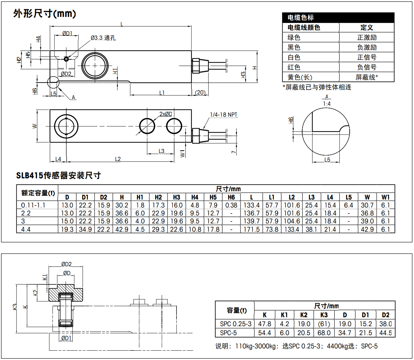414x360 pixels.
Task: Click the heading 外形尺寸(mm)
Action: [44, 14]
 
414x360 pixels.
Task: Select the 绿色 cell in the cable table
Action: [294, 37]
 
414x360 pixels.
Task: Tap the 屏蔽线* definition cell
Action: [367, 77]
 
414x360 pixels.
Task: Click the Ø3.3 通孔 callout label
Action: [103, 38]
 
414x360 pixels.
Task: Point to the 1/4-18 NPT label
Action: [224, 115]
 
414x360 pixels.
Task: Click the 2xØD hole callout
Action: [166, 114]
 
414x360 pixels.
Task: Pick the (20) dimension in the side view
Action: [200, 92]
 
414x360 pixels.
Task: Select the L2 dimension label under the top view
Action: [118, 159]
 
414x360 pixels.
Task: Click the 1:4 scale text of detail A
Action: [327, 104]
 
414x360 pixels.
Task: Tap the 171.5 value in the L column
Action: [251, 229]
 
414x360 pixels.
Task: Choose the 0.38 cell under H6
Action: [231, 205]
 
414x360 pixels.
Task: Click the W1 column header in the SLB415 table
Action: [385, 197]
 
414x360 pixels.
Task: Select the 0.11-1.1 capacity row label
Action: [33, 205]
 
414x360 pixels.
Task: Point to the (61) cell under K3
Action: [324, 324]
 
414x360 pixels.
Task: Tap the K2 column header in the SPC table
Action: [304, 315]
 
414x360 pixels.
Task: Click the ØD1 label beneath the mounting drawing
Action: [66, 338]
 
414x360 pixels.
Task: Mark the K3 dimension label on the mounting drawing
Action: [15, 307]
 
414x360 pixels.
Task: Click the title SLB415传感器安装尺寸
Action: [58, 175]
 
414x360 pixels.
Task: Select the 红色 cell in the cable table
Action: [294, 67]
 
